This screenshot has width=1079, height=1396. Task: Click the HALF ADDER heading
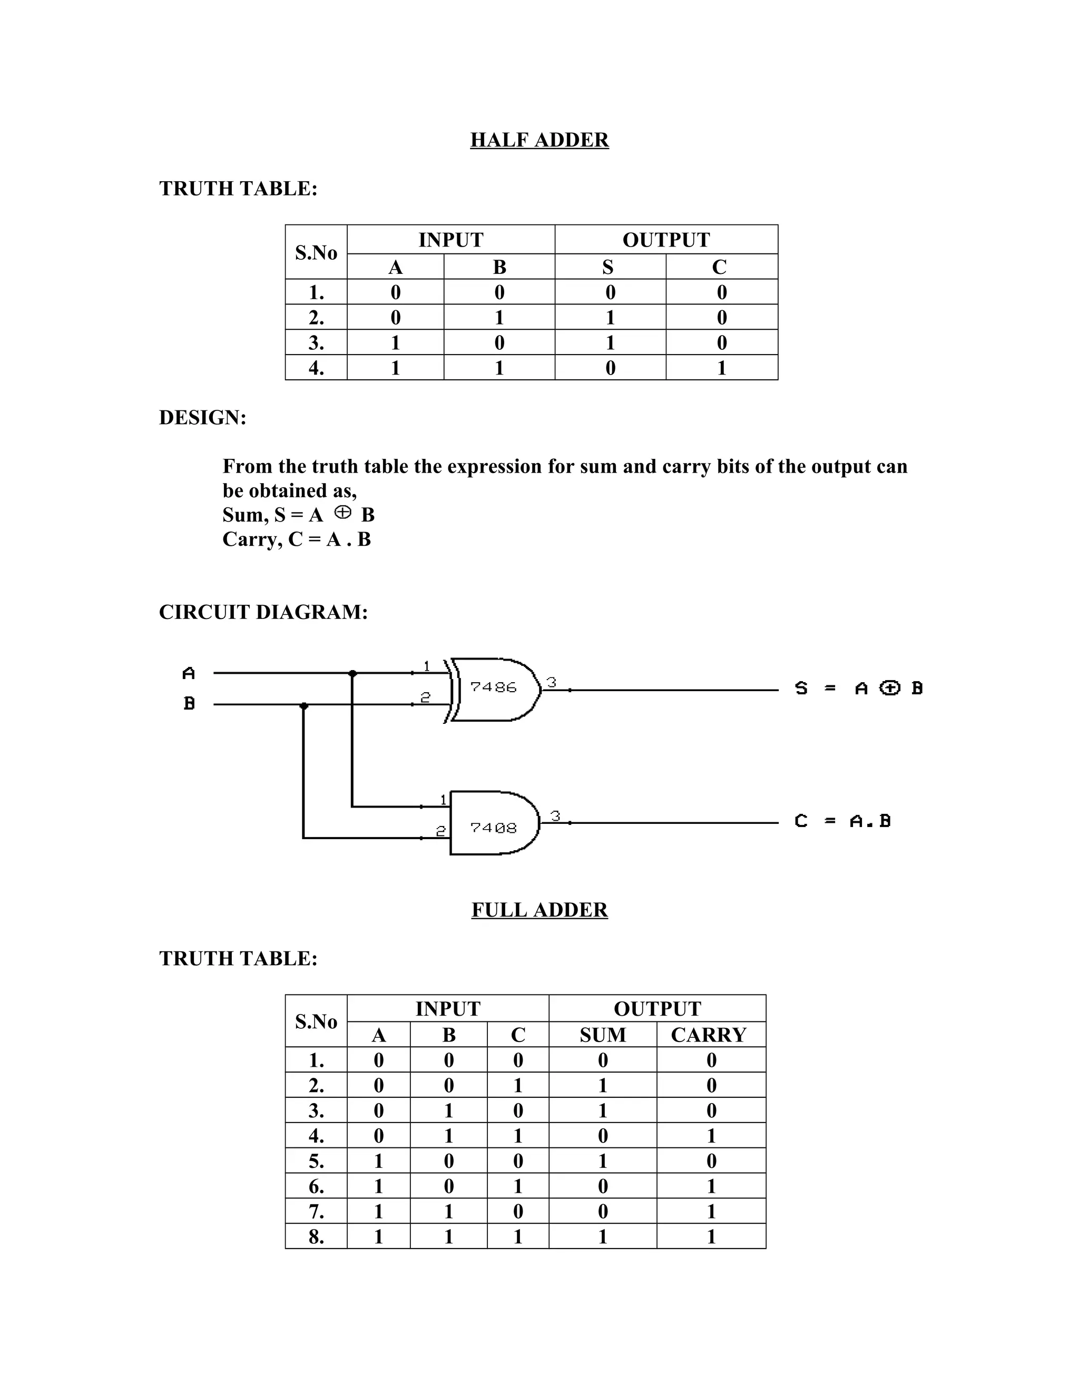point(539,140)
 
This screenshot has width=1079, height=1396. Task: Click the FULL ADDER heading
point(539,910)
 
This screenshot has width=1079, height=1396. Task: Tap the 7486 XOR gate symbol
point(494,689)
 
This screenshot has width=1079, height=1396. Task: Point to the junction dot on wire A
point(352,673)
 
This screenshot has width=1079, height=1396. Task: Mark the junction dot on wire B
point(303,705)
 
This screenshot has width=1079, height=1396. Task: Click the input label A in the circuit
point(189,673)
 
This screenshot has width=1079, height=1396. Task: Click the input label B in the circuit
point(189,704)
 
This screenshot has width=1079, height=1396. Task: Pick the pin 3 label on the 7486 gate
point(552,682)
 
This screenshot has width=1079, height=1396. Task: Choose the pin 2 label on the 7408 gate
point(440,831)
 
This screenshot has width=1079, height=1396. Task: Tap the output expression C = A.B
point(842,821)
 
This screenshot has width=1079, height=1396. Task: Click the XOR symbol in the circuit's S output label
point(890,688)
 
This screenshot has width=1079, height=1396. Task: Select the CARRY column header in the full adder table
point(708,1034)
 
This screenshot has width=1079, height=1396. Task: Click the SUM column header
point(602,1034)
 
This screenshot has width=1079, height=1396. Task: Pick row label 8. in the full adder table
point(317,1237)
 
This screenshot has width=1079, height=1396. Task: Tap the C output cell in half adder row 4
point(722,368)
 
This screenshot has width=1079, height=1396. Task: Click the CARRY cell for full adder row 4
point(711,1136)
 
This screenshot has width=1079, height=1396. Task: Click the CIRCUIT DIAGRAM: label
point(263,612)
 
